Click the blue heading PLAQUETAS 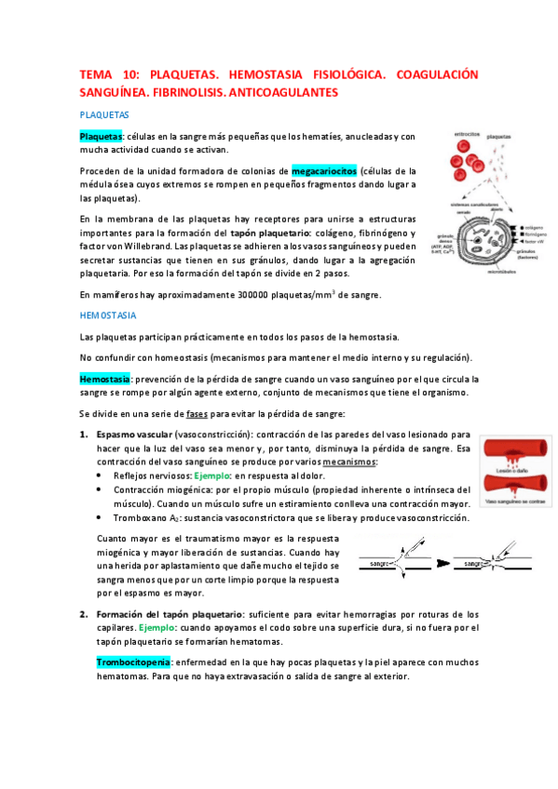coord(103,114)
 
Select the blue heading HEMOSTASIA coord(108,314)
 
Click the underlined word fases coord(197,413)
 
